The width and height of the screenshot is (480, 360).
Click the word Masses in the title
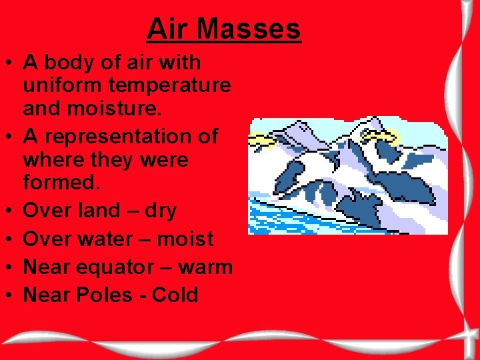point(249,29)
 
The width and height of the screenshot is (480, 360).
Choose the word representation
point(120,136)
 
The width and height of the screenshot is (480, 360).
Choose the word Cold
point(175,295)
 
